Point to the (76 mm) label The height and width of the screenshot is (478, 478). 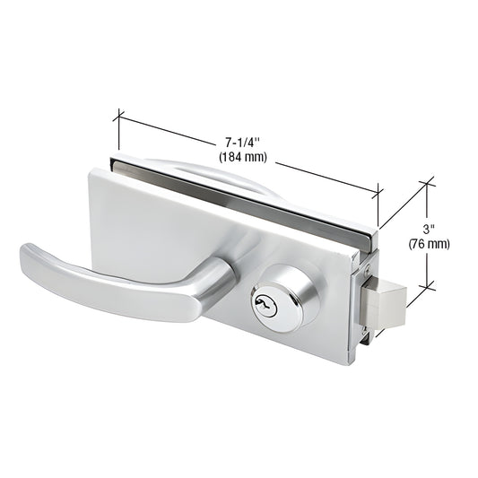(x=429, y=243)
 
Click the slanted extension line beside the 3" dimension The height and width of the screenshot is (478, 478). (x=403, y=205)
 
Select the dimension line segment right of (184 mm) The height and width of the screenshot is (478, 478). (x=323, y=175)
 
